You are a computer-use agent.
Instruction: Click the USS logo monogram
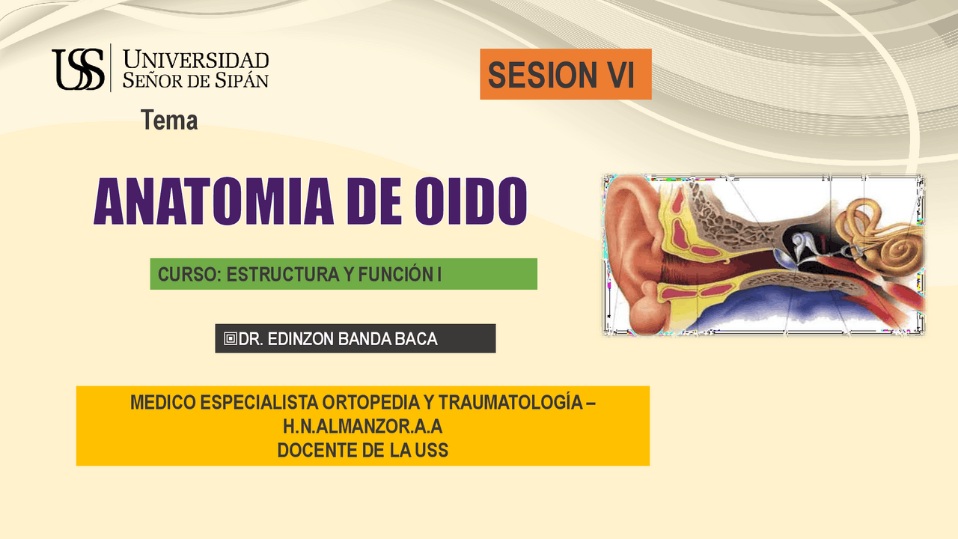click(x=79, y=69)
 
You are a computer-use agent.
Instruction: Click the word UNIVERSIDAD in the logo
click(x=196, y=59)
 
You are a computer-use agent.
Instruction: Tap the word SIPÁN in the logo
click(x=241, y=80)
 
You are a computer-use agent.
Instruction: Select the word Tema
click(x=169, y=121)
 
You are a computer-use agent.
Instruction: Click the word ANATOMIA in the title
click(x=213, y=201)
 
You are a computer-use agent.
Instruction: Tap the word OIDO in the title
click(x=471, y=201)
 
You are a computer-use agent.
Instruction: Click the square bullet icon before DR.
click(x=230, y=339)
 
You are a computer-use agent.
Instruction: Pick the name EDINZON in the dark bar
click(x=301, y=339)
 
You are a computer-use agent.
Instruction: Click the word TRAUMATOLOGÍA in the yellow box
click(x=510, y=402)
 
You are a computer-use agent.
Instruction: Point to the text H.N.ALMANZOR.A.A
click(x=363, y=427)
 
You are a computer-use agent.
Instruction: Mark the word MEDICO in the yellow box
click(x=163, y=403)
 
